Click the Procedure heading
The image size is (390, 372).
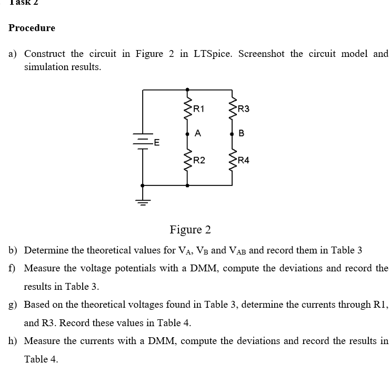click(32, 28)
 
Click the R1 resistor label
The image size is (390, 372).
click(199, 110)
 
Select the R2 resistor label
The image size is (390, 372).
click(199, 161)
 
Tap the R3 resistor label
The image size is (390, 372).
click(244, 110)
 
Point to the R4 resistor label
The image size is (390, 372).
click(244, 161)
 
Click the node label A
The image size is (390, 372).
click(197, 133)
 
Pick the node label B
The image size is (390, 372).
click(242, 133)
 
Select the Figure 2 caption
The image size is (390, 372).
click(190, 230)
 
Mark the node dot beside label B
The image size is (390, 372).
click(232, 134)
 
